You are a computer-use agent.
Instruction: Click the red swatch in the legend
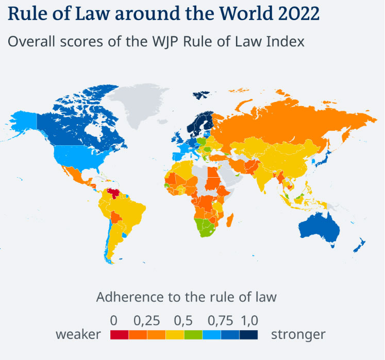[x=120, y=335]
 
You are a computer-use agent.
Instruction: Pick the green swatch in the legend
[x=193, y=335]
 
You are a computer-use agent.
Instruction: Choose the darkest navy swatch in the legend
[x=249, y=335]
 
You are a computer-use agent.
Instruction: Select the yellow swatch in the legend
[x=175, y=335]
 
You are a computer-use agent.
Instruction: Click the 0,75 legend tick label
[x=221, y=320]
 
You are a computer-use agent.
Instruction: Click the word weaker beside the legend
[x=78, y=335]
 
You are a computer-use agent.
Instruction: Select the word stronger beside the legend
[x=298, y=335]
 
